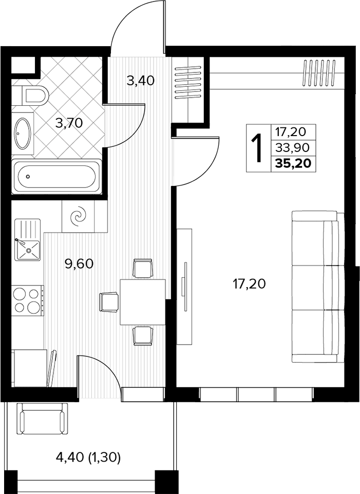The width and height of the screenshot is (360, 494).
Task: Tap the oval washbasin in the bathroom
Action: point(23,134)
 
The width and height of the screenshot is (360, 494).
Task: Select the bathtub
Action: point(56,177)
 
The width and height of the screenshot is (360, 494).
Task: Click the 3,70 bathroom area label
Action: point(69,123)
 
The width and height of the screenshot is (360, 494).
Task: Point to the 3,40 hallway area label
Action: point(140,81)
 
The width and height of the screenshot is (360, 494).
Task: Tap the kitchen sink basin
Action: point(28,250)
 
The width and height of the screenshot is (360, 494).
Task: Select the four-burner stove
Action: point(27,300)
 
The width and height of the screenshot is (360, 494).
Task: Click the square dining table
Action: point(143,302)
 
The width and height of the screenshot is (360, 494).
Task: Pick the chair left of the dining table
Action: point(109,301)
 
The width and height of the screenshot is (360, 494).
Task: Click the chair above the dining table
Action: point(143,269)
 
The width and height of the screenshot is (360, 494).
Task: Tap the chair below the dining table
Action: point(143,335)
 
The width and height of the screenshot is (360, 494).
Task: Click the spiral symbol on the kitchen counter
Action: point(78,216)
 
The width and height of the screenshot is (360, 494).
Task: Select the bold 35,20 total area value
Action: point(293,163)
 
